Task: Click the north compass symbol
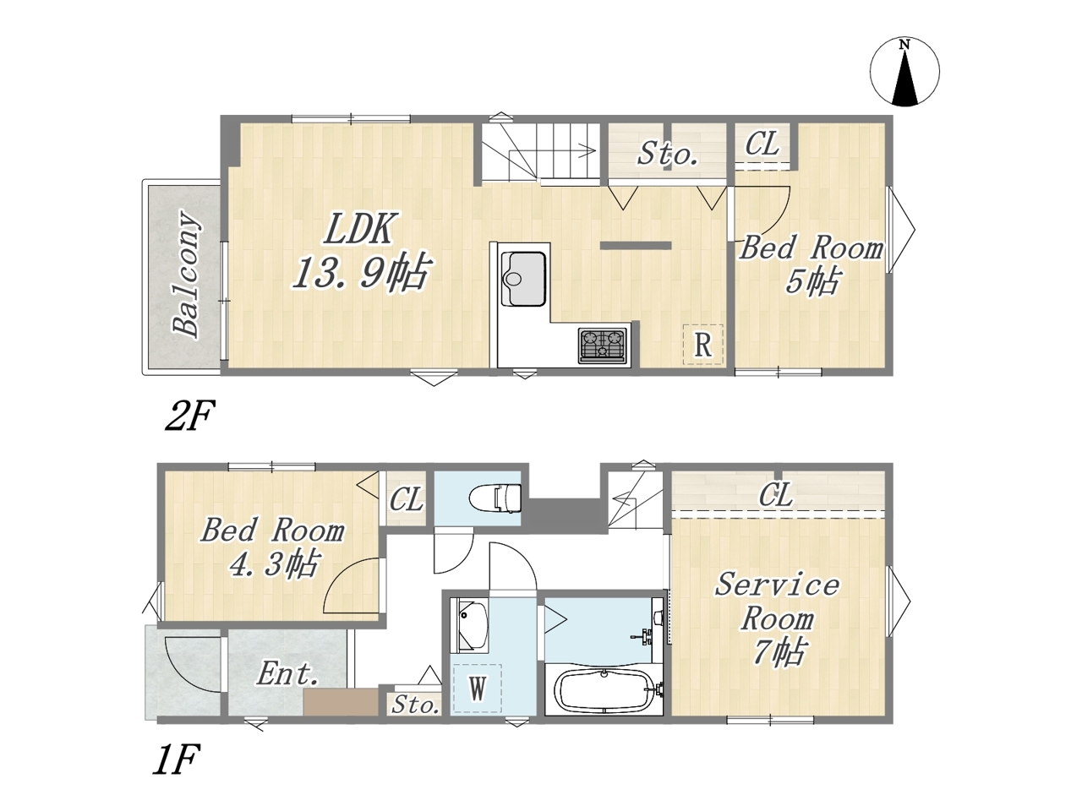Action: pos(904,72)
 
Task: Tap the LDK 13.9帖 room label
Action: pos(360,250)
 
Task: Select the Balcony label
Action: pos(186,275)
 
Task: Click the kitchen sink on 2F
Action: pos(523,278)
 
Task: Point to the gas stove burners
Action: pos(603,346)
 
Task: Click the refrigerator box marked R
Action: pos(703,345)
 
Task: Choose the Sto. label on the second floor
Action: pos(667,154)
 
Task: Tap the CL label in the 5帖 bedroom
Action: pos(762,144)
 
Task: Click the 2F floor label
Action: pos(190,415)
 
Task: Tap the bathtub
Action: pos(605,690)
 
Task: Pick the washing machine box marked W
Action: pos(477,689)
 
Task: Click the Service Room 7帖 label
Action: pos(778,619)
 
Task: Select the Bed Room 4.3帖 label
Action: pos(272,547)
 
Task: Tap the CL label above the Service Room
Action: pos(776,494)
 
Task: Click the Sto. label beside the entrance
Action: pos(415,705)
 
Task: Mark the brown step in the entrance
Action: pos(341,703)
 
